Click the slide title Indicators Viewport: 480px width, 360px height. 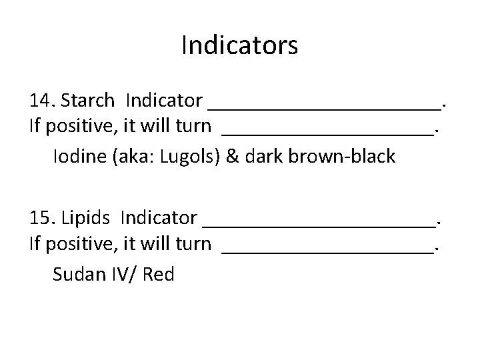tap(239, 46)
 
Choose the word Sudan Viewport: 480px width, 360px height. tap(77, 273)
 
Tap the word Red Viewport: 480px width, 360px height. tap(158, 273)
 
